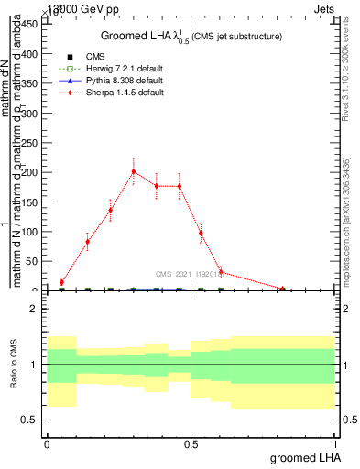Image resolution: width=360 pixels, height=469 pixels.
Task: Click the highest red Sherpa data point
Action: (x=134, y=171)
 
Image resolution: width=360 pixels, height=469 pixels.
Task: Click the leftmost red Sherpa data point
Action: (x=61, y=282)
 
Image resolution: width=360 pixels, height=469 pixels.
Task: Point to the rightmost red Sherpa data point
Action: (x=283, y=289)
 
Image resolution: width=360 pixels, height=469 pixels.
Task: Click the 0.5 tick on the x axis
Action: (x=191, y=443)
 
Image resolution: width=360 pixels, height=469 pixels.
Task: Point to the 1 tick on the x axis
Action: (x=335, y=443)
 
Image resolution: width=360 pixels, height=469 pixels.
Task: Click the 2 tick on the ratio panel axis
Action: (x=34, y=309)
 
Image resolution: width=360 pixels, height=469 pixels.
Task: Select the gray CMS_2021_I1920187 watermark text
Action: (x=192, y=273)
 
